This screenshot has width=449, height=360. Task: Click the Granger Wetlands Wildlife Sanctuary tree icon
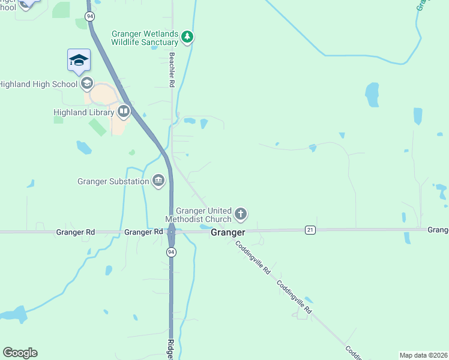188,37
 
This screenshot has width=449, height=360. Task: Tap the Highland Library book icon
124,111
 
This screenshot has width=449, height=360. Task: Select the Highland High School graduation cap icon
86,83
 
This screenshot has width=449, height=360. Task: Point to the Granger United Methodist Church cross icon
241,214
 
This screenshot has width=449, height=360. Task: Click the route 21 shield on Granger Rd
310,230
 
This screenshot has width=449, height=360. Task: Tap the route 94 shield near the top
90,16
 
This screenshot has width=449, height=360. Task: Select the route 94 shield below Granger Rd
171,253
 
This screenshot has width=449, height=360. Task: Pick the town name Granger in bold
228,232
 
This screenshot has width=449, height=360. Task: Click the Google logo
20,353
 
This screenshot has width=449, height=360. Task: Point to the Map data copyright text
423,355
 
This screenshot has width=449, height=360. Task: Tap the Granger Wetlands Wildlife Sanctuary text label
145,38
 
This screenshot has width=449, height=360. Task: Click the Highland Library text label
83,112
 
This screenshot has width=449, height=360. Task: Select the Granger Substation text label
113,181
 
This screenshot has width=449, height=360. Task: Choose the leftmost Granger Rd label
76,232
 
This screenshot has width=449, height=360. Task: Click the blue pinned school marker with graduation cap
79,60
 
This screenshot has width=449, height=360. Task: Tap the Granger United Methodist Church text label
203,215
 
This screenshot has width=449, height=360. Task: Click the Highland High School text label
38,84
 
